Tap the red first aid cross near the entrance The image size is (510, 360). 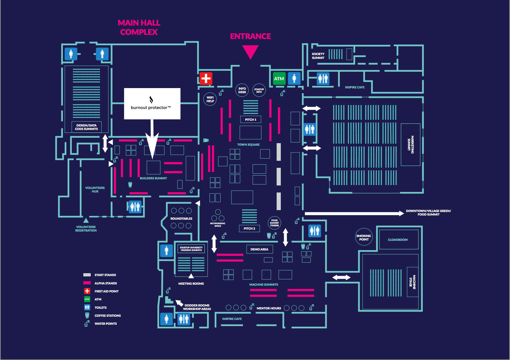coord(206,78)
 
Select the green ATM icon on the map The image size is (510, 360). coord(279,78)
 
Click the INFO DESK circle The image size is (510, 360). coord(242,90)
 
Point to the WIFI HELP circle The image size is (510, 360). coord(210,99)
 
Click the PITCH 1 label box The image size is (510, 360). coord(251,119)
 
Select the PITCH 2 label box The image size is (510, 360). coord(249,228)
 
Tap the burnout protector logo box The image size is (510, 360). coord(152,103)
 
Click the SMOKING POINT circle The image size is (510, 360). coord(364,237)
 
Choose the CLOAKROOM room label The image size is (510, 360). coord(398,240)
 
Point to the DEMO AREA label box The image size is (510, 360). coord(259,249)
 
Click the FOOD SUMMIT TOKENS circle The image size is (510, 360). coord(274,223)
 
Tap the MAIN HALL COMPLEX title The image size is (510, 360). coord(139,27)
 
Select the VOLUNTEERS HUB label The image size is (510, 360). coord(95,190)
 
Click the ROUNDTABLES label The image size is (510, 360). coord(181,218)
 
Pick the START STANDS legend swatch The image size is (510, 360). coord(87,275)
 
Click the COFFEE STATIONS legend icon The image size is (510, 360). coord(87,315)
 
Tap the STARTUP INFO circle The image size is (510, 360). coord(259,90)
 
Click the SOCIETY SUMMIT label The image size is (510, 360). coord(318,56)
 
